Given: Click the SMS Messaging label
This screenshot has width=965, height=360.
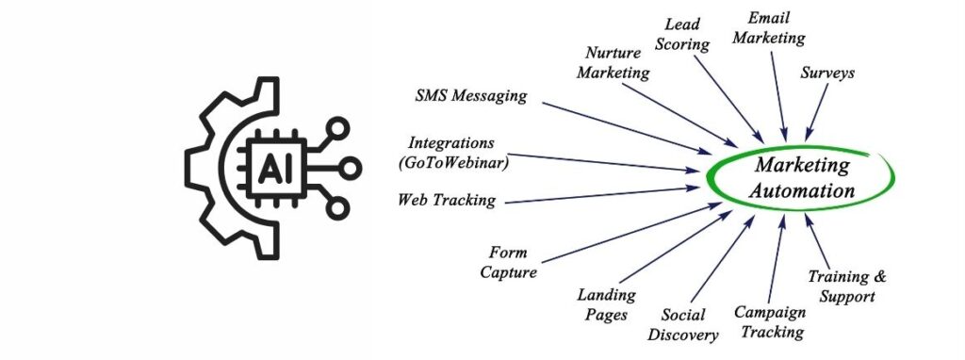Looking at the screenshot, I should [x=471, y=96].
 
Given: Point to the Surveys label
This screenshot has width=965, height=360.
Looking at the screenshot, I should [x=827, y=72].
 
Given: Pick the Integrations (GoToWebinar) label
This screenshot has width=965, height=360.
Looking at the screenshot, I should [x=451, y=153].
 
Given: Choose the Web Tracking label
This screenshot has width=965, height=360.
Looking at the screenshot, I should [x=446, y=200].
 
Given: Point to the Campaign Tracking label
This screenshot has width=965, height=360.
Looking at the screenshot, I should [x=770, y=321].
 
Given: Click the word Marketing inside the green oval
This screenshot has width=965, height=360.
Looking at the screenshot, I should [x=801, y=166].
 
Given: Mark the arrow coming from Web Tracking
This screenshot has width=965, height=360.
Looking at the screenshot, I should [x=603, y=194].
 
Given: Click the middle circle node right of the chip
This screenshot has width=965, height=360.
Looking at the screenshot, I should [x=350, y=169].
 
